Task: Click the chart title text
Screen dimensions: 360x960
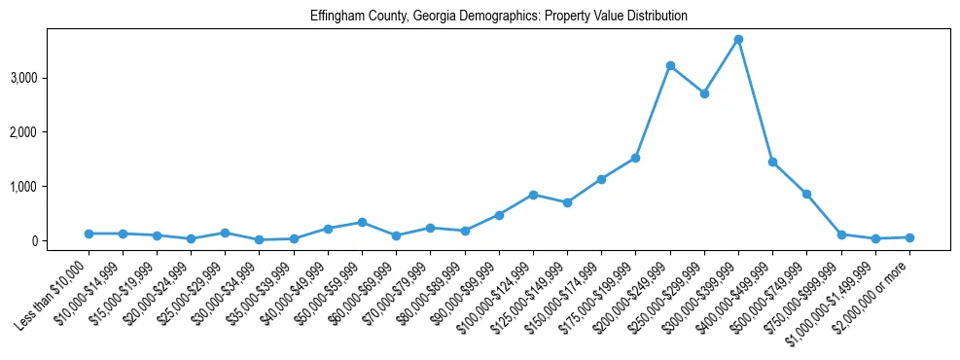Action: coord(499,17)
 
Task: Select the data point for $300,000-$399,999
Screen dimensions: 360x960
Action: coord(738,39)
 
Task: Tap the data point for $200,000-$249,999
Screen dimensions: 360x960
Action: coord(670,65)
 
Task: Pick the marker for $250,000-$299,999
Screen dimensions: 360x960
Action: coord(704,93)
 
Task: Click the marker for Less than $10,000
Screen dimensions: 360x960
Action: coord(89,234)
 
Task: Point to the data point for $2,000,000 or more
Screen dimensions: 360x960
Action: coord(909,237)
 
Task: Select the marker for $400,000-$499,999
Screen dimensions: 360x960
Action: coord(772,162)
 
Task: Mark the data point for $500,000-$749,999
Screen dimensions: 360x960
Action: coord(806,194)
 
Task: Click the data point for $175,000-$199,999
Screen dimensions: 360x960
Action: coord(635,158)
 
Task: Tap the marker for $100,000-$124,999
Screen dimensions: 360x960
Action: coord(533,195)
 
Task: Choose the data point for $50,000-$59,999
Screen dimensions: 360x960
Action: coord(362,222)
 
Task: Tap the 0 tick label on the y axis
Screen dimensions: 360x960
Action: coord(62,240)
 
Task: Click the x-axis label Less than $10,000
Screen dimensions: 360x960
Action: coord(68,285)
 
